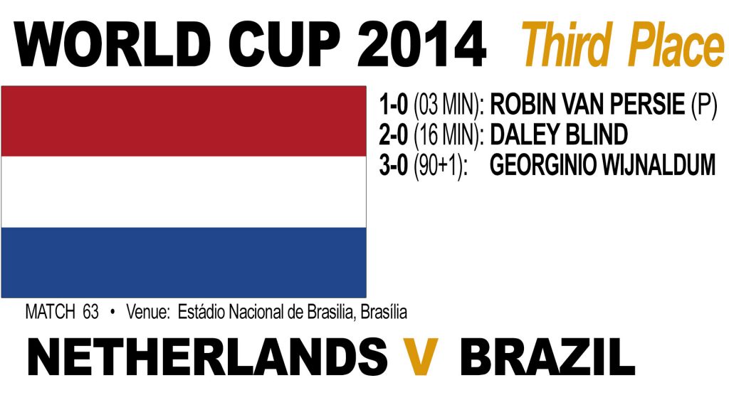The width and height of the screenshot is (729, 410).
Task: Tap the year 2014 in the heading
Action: (x=421, y=45)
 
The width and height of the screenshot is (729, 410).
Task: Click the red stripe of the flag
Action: (x=184, y=121)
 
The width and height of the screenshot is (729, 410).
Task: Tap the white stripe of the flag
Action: (x=184, y=191)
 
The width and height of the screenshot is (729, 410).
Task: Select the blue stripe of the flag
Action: (x=184, y=262)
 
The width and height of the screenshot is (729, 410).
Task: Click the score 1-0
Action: (x=393, y=104)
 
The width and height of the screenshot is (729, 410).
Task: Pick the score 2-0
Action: (x=393, y=135)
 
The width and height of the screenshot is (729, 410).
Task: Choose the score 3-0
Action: (x=393, y=165)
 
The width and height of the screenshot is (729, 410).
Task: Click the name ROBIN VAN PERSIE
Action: (x=587, y=104)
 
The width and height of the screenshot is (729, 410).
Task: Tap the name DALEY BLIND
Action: (x=559, y=135)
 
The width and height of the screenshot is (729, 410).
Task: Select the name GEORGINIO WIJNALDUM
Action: (x=602, y=165)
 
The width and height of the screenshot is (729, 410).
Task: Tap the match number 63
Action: (x=90, y=312)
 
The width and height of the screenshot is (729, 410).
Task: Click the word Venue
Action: (x=148, y=312)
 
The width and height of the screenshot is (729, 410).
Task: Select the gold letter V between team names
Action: (x=420, y=357)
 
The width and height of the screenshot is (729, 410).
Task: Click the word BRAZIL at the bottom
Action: (x=547, y=357)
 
